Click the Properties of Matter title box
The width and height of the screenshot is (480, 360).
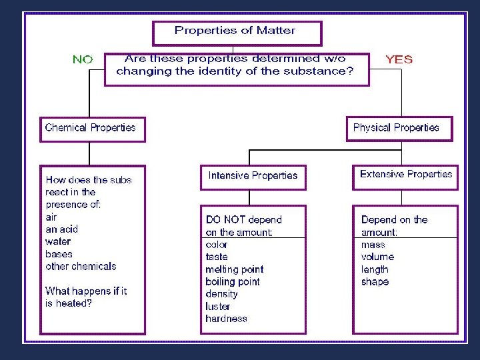(x=237, y=31)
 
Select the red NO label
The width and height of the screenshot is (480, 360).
(x=83, y=59)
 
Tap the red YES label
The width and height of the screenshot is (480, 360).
(x=399, y=59)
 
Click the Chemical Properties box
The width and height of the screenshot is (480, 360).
(x=91, y=128)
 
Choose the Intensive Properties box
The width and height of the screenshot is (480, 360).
(x=253, y=176)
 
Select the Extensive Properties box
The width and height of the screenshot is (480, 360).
(x=405, y=175)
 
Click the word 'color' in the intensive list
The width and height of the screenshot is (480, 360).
(x=217, y=245)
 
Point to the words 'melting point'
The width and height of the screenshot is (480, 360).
(x=234, y=269)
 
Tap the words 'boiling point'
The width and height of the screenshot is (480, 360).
(x=233, y=282)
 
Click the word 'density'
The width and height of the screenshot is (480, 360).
(x=221, y=294)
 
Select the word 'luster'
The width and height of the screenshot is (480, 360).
(x=218, y=307)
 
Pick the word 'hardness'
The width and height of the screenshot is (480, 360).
(x=226, y=319)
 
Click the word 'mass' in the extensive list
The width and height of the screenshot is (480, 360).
(x=373, y=245)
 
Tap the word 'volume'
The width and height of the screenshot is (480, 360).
(x=377, y=257)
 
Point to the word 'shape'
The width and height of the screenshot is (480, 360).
(x=375, y=282)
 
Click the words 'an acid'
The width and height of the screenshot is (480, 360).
(x=62, y=229)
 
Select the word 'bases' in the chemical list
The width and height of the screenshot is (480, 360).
(x=59, y=254)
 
